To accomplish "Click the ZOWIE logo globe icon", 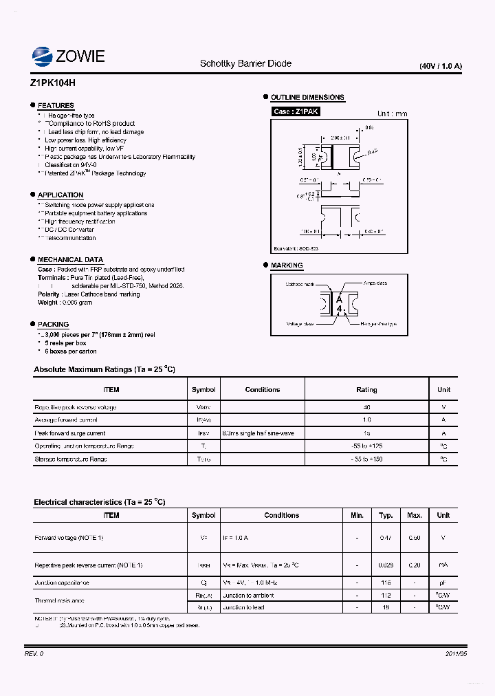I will pos(43,56).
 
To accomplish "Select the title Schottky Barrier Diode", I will pos(245,63).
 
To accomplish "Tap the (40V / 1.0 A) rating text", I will pos(441,66).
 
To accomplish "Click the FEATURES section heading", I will pos(56,105).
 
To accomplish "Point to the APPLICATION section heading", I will pos(60,195).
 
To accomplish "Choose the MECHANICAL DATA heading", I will pos(70,259).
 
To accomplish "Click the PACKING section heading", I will pos(53,324).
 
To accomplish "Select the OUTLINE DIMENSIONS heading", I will pos(307,98).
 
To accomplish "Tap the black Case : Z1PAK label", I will pos(296,111).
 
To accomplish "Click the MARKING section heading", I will pos(287,265).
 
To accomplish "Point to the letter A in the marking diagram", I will pos(339,299).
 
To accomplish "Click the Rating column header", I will pos(366,390).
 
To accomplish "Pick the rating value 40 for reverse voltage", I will pos(366,407).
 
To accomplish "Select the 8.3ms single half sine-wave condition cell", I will pos(258,433).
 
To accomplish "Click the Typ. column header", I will pos(386,515).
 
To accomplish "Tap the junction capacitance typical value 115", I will pos(386,583).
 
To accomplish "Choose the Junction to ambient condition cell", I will pos(248,596).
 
